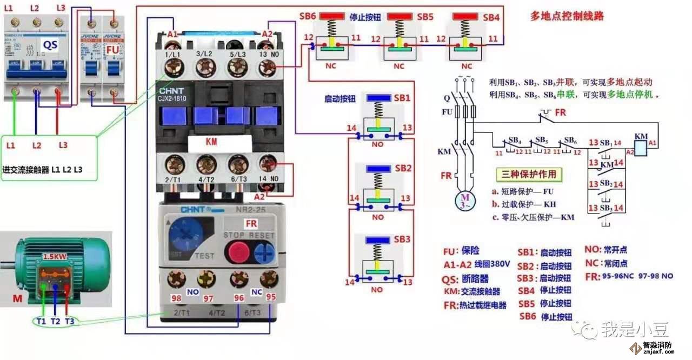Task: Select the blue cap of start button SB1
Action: pyautogui.click(x=380, y=98)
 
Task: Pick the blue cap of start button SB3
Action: pyautogui.click(x=380, y=239)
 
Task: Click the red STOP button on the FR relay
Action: pyautogui.click(x=237, y=252)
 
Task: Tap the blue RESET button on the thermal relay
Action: pyautogui.click(x=264, y=252)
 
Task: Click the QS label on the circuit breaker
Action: pyautogui.click(x=50, y=44)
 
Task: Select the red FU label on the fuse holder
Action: pyautogui.click(x=112, y=50)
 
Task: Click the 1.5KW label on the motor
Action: pyautogui.click(x=55, y=256)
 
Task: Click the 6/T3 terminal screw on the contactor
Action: pyautogui.click(x=236, y=164)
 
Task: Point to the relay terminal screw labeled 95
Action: pyautogui.click(x=268, y=279)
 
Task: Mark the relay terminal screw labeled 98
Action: pyautogui.click(x=176, y=279)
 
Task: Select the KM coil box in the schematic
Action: pyautogui.click(x=640, y=146)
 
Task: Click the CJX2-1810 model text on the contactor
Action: pyautogui.click(x=173, y=99)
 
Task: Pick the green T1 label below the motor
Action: pyautogui.click(x=41, y=321)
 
